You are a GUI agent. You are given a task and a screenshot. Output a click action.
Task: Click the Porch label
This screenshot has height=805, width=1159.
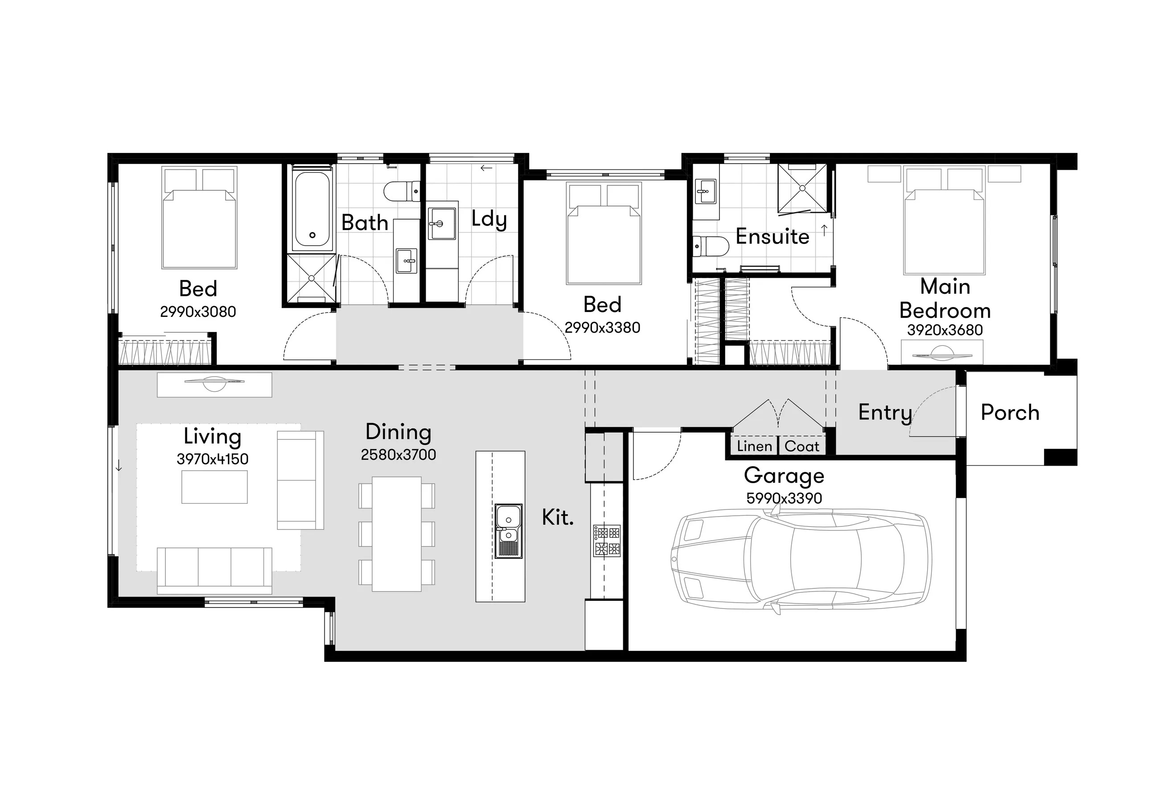[x=1010, y=413]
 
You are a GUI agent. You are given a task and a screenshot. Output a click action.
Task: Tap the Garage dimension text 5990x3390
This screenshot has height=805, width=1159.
[x=784, y=498]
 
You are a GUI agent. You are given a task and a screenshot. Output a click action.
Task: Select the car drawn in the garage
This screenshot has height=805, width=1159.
[x=801, y=560]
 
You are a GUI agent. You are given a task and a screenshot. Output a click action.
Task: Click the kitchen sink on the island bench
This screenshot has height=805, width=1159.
[x=508, y=530]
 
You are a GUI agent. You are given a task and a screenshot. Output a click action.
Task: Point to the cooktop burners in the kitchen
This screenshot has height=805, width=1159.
[x=607, y=541]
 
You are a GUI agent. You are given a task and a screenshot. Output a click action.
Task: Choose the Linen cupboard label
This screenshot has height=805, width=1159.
[x=755, y=446]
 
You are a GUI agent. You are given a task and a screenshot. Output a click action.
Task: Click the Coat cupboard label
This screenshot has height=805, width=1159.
[x=802, y=446]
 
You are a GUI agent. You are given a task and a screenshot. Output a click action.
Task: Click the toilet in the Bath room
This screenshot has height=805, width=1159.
[x=402, y=191]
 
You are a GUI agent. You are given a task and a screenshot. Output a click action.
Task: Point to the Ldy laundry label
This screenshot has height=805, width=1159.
[x=489, y=219]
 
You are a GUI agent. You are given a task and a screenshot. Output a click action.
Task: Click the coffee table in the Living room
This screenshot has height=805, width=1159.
[x=214, y=487]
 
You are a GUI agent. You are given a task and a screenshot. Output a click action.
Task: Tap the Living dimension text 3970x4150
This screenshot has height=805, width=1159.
[x=212, y=459]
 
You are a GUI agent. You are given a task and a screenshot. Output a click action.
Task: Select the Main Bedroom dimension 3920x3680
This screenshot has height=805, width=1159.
[x=945, y=330]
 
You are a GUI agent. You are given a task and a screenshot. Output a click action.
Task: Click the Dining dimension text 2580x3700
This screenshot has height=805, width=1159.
[x=399, y=455]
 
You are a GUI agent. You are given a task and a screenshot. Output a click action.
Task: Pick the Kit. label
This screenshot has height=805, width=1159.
[x=558, y=517]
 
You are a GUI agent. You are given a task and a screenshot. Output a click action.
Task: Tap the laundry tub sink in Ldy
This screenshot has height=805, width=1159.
[x=442, y=223]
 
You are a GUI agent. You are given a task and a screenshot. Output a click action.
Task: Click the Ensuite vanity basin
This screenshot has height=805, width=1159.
[x=705, y=192]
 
